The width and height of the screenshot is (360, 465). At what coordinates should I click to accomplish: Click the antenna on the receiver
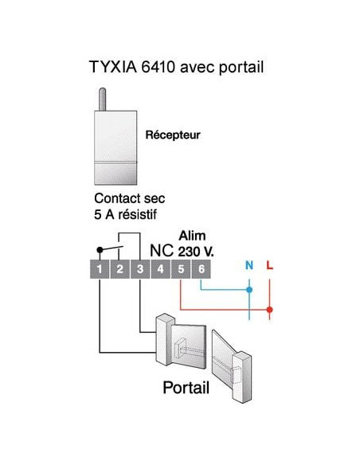tap(102, 96)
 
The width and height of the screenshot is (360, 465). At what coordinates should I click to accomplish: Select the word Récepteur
tap(172, 135)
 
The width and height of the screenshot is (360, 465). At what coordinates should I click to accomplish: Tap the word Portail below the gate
tap(186, 389)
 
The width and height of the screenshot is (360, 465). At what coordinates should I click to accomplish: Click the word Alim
tap(192, 236)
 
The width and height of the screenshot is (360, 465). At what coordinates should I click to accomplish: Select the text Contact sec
tap(128, 198)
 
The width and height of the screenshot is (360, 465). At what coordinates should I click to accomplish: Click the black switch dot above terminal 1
tap(99, 248)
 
